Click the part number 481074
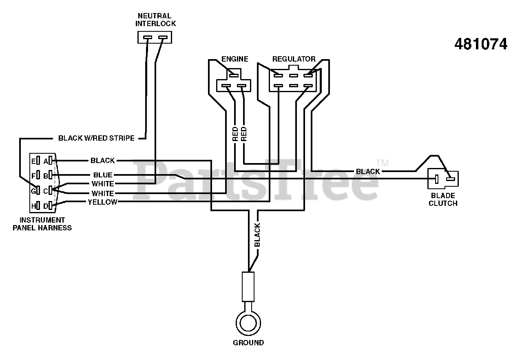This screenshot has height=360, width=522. tap(481, 44)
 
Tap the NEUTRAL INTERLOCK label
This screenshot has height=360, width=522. tap(155, 20)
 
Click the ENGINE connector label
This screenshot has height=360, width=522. tap(234, 59)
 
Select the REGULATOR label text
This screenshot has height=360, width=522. tap(294, 59)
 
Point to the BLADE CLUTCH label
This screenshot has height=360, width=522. tap(443, 199)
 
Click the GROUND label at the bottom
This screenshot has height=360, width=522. tap(248, 342)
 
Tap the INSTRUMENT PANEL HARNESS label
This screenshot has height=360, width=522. tap(42, 224)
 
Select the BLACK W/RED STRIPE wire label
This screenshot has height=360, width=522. tap(96, 138)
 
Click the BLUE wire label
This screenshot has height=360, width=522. tap(103, 175)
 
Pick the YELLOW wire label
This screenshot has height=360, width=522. tap(102, 202)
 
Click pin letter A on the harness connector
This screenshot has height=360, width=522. tap(46, 161)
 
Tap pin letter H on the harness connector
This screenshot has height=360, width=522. tap(33, 206)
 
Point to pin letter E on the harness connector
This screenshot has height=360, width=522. tap(33, 161)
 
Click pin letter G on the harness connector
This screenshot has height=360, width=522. tap(33, 191)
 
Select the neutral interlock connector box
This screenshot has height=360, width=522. tap(155, 37)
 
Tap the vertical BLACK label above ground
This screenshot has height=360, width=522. tap(257, 235)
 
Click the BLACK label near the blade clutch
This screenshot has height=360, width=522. tap(368, 172)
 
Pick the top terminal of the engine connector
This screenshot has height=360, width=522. tap(234, 75)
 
